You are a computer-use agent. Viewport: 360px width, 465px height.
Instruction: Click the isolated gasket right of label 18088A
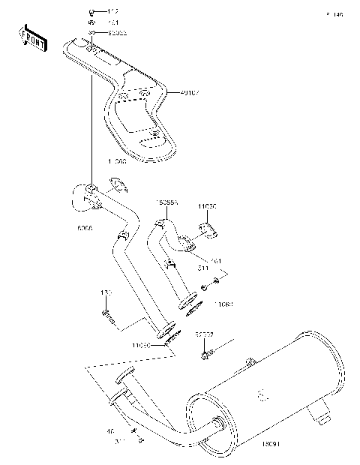tap(208, 229)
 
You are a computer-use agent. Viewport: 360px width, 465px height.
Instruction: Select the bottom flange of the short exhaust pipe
tap(186, 304)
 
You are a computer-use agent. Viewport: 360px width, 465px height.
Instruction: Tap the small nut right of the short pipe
tap(217, 281)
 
